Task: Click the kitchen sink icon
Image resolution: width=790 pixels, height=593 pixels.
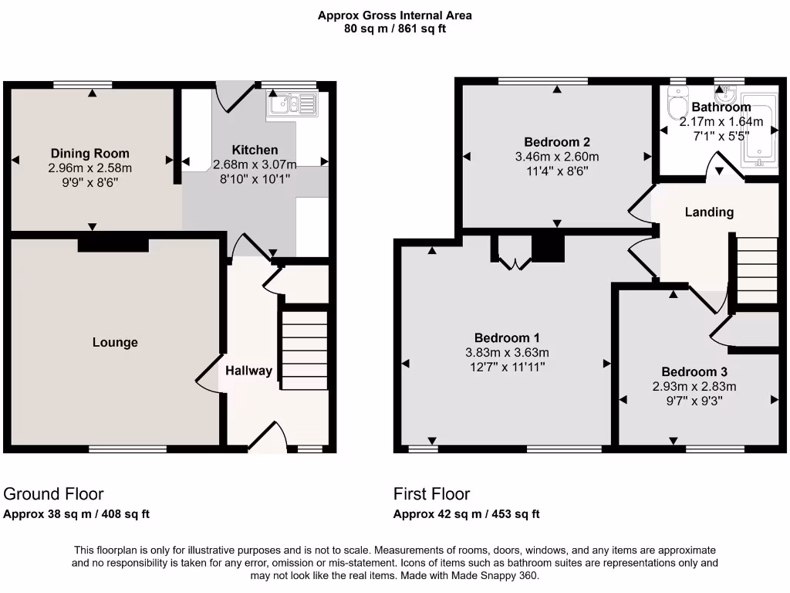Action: coord(291,104)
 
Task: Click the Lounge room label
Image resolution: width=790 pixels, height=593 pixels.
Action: coord(116,342)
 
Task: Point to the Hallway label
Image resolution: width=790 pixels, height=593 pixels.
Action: coord(248,371)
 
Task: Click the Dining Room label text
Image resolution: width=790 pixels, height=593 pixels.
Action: coord(90,153)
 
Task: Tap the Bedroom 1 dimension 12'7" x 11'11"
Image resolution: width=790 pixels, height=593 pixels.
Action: coord(506,367)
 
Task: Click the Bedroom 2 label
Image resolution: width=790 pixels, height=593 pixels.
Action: coord(557,142)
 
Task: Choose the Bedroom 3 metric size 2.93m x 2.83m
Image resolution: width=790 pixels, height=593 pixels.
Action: coord(694,387)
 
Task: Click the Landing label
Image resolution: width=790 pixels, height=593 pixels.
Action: coord(709,212)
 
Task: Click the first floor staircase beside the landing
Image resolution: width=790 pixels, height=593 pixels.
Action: coord(756,270)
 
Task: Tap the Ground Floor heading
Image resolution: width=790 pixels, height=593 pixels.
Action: coord(54,494)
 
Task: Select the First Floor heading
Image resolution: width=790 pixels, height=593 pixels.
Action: coord(431,494)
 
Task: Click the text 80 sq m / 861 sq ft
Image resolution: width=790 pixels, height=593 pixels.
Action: coord(395,29)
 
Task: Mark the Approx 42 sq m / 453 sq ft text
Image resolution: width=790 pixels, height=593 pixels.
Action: coord(466,514)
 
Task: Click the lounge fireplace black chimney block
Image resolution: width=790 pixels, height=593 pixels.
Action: coord(113,244)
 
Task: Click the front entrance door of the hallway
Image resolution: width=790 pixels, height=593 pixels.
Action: coord(268,438)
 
